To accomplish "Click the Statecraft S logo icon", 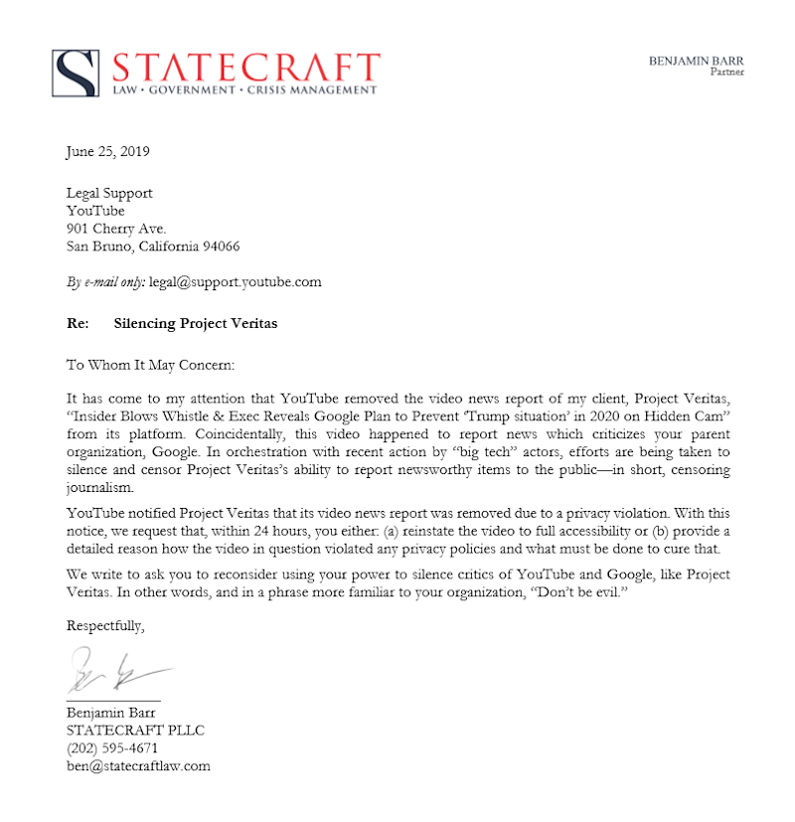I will [x=77, y=73].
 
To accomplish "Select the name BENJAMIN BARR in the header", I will [x=696, y=61].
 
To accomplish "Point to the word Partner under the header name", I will [x=726, y=72].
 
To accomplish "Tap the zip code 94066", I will [x=219, y=247].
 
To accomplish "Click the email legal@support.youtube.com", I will [x=235, y=281].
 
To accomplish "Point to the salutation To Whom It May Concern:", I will [x=149, y=364].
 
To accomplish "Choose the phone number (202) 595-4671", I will [x=112, y=747].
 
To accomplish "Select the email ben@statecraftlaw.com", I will [x=138, y=765].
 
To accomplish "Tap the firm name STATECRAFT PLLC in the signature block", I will [x=134, y=730].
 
